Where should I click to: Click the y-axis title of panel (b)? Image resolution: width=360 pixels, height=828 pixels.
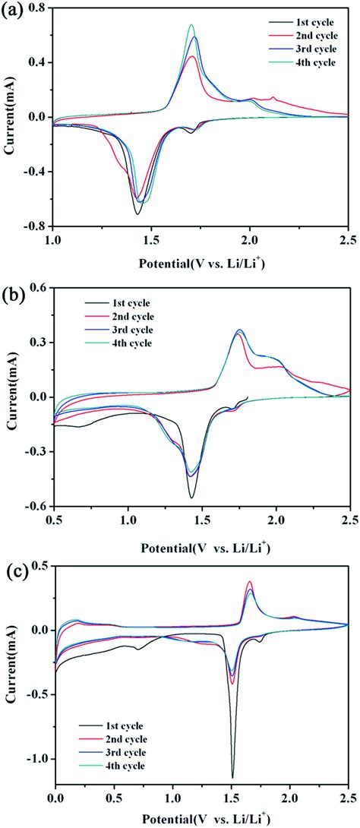tap(10, 397)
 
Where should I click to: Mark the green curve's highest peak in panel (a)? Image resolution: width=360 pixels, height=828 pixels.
tap(191, 24)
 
